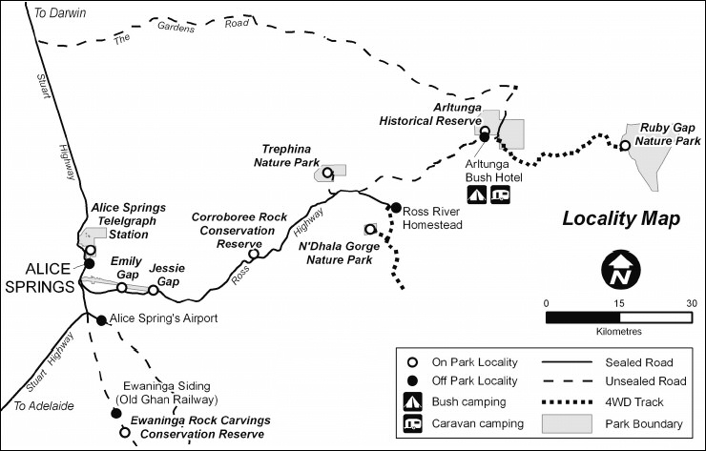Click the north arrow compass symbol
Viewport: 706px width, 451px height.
coord(621,271)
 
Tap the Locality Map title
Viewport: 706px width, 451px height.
coord(620,218)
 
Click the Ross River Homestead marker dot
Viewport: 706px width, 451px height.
coord(395,207)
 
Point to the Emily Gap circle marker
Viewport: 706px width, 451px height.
coord(122,287)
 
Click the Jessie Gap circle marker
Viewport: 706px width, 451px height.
coord(153,290)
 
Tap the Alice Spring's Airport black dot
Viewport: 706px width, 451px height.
coord(102,319)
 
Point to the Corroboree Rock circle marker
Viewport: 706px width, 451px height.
coord(254,254)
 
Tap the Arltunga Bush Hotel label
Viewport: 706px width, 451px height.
coord(490,170)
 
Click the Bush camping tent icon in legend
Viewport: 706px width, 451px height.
coord(413,402)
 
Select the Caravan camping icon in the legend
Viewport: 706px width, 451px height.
coord(413,423)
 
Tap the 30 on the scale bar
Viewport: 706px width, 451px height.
coord(692,302)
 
